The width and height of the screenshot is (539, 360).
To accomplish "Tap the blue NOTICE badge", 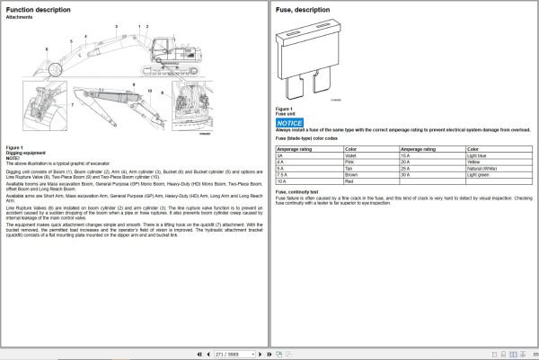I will coord(290,121).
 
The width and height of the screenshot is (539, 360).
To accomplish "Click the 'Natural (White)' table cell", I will coord(485,168).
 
